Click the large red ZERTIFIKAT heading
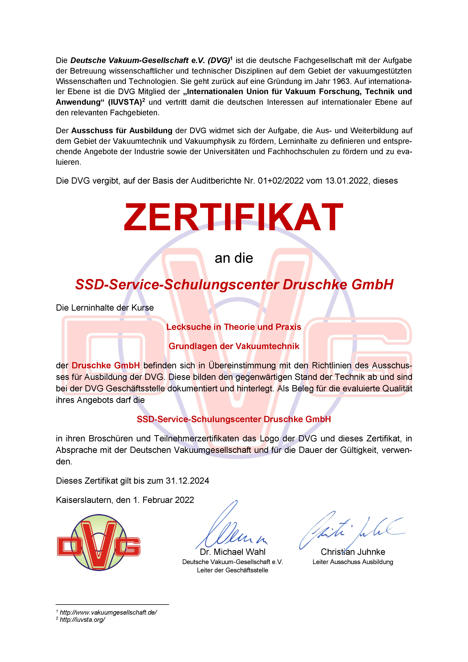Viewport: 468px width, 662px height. point(233,217)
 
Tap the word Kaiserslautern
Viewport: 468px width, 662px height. point(84,500)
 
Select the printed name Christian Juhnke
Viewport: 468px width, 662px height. point(353,552)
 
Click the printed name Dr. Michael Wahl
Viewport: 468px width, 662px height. point(233,552)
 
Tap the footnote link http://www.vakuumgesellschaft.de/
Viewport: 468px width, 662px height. point(108,612)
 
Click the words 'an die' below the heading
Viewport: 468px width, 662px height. point(234,258)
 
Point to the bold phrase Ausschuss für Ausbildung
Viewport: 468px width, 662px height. point(122,131)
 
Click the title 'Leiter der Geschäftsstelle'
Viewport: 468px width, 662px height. point(233,570)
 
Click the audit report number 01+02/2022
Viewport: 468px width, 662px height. point(281,181)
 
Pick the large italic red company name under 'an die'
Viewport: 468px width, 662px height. point(234,285)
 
